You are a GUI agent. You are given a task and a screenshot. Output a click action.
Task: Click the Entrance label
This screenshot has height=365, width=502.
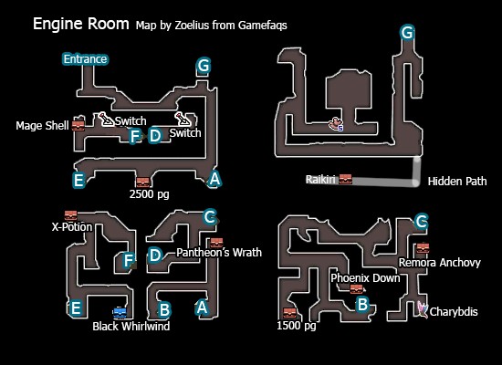[x=85, y=59]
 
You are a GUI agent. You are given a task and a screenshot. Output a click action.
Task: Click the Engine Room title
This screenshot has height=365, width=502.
[x=81, y=24]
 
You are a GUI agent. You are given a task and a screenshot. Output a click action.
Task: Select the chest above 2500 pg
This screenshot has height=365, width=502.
[x=142, y=182]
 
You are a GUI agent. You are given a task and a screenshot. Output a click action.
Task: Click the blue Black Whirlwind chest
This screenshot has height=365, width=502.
[x=120, y=312]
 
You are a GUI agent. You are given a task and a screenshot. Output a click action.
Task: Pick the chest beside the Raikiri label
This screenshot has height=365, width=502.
[x=345, y=179]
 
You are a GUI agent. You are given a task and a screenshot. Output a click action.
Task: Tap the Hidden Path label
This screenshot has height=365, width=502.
[x=457, y=182]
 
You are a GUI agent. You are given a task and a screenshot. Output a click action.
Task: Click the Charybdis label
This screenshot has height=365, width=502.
[x=454, y=311]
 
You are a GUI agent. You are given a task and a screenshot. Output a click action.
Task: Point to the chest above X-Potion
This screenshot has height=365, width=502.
[x=71, y=215]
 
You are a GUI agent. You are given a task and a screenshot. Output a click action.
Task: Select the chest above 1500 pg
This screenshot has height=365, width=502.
[x=289, y=313]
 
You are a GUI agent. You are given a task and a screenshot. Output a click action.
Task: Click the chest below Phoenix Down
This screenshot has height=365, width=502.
[x=356, y=289]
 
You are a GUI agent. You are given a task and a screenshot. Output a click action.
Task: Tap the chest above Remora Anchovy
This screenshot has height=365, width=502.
[x=423, y=248]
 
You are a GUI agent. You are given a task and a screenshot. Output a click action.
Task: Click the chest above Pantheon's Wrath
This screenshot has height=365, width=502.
[x=216, y=243]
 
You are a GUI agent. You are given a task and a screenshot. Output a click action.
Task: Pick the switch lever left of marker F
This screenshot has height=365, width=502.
[x=107, y=120]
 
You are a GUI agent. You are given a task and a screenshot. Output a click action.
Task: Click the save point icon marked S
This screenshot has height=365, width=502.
[x=336, y=124]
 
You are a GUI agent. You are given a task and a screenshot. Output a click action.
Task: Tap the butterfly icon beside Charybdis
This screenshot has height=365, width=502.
[x=423, y=309]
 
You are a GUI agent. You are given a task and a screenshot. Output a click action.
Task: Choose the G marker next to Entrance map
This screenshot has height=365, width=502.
[x=204, y=66]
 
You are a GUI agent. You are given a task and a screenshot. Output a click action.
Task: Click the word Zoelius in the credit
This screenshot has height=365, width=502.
[x=192, y=26]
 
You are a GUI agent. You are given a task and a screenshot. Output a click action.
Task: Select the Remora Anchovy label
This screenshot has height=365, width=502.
[x=440, y=263]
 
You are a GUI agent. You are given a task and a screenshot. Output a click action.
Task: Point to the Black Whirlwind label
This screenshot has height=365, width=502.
[x=131, y=327]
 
